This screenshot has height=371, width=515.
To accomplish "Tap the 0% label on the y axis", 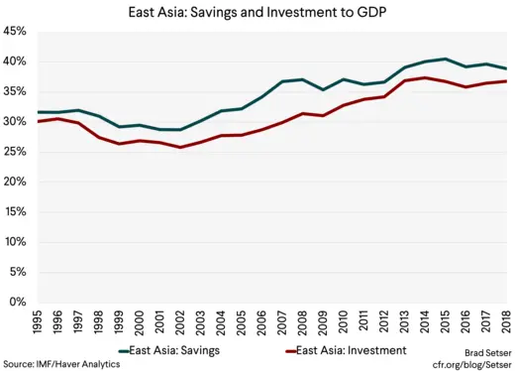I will (18, 303).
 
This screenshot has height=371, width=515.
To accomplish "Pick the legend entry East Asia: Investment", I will (347, 350).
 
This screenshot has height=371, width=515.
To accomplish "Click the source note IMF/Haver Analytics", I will (61, 364).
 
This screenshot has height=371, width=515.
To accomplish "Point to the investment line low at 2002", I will (177, 147).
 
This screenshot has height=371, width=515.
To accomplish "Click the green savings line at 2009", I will (322, 89).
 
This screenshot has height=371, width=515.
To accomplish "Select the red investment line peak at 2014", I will (424, 77).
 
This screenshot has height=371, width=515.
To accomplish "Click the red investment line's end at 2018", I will (506, 81).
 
